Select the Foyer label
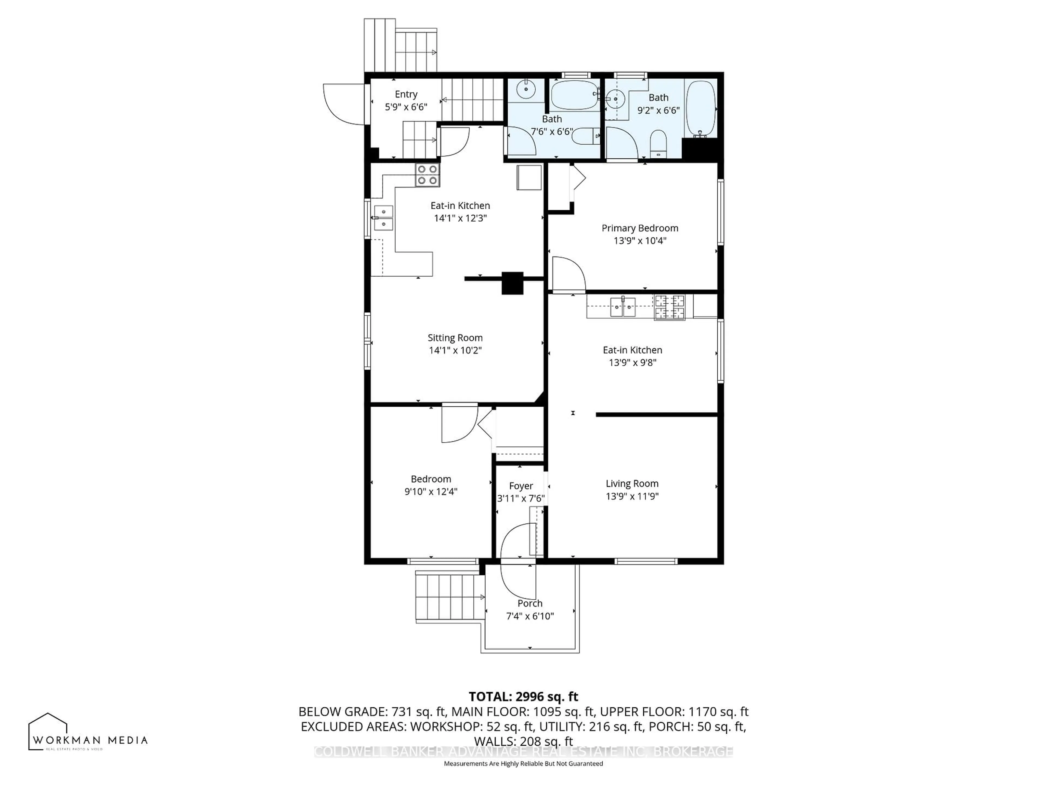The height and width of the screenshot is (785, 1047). (521, 486)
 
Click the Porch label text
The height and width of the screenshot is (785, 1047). (530, 603)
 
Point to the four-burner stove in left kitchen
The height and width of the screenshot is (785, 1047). (428, 175)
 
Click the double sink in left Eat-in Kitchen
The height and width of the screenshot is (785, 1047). (383, 218)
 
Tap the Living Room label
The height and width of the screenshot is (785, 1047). (632, 484)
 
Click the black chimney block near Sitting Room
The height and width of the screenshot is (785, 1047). (512, 283)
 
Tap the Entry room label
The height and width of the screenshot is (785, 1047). (406, 94)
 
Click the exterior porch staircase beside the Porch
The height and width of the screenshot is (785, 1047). (450, 597)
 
